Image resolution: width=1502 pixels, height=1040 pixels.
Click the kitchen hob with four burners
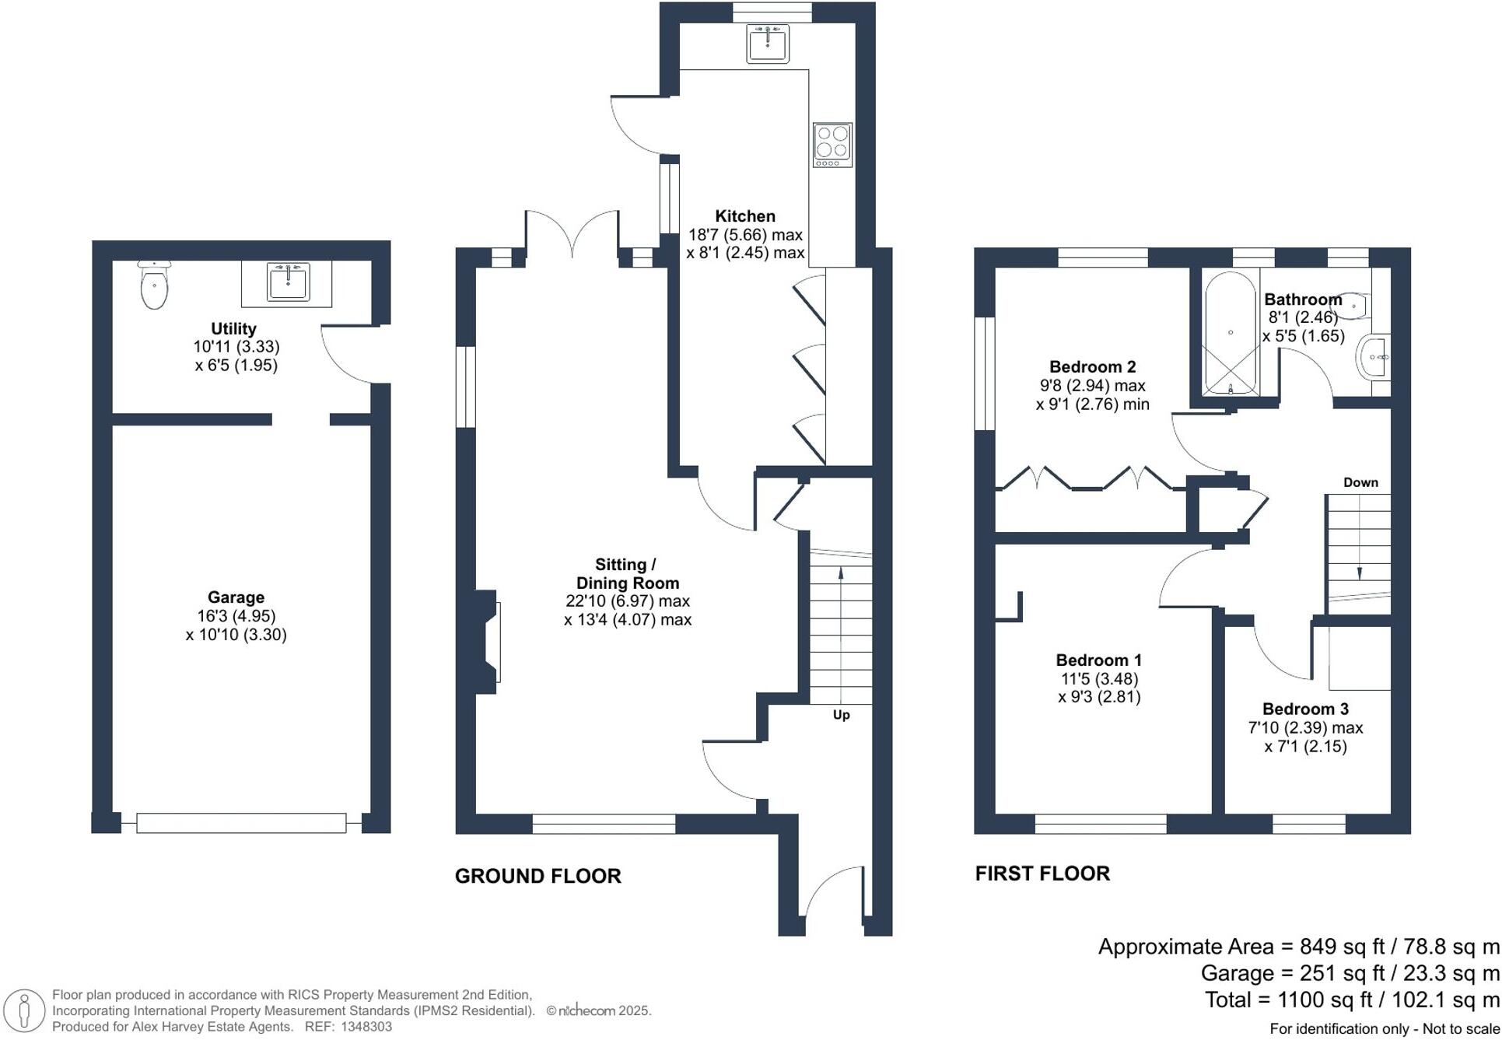pyautogui.click(x=832, y=145)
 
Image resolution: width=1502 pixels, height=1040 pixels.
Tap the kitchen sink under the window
pyautogui.click(x=768, y=43)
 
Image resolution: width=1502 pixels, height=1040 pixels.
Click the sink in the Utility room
pyautogui.click(x=288, y=282)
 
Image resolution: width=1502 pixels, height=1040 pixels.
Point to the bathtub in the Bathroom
pyautogui.click(x=1230, y=333)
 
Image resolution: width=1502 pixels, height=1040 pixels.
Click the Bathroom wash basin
pyautogui.click(x=1374, y=357)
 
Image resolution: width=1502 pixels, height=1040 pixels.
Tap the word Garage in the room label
pyautogui.click(x=236, y=597)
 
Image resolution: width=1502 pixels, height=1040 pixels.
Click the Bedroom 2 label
pyautogui.click(x=1092, y=366)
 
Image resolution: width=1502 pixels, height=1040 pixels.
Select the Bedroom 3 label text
pyautogui.click(x=1304, y=709)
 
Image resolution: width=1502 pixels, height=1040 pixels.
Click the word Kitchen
pyautogui.click(x=744, y=216)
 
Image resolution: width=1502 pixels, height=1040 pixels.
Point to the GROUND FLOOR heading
pyautogui.click(x=537, y=876)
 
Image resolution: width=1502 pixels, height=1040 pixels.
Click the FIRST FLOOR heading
pyautogui.click(x=1042, y=873)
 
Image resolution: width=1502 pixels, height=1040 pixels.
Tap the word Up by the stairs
pyautogui.click(x=841, y=715)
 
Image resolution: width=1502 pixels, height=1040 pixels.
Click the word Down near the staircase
pyautogui.click(x=1360, y=482)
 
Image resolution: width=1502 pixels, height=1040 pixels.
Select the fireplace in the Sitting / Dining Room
pyautogui.click(x=488, y=642)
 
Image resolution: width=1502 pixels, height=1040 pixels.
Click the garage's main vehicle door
pyautogui.click(x=241, y=823)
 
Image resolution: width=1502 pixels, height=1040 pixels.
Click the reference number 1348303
pyautogui.click(x=366, y=1027)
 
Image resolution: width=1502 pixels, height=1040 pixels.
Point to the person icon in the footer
pyautogui.click(x=24, y=1011)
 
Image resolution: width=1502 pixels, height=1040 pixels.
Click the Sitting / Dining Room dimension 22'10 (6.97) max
pyautogui.click(x=627, y=601)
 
